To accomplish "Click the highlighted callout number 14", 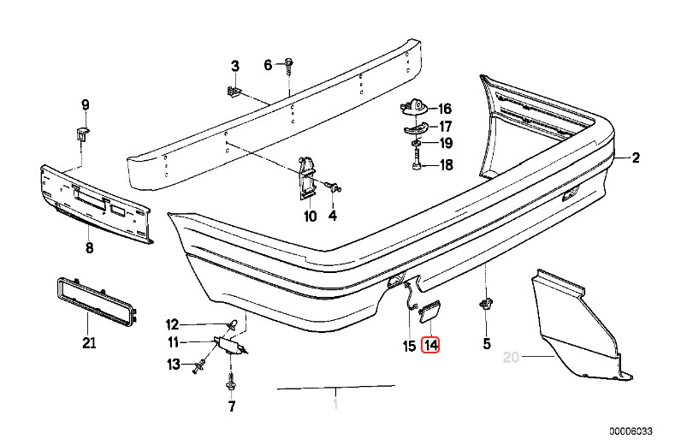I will [x=430, y=346].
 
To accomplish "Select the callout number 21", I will [x=89, y=344].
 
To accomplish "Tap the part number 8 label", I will [x=88, y=249].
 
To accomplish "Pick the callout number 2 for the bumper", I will [x=636, y=157].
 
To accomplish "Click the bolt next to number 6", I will [x=289, y=64].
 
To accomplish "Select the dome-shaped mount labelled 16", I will [x=414, y=108].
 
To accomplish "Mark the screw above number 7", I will [x=230, y=376].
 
